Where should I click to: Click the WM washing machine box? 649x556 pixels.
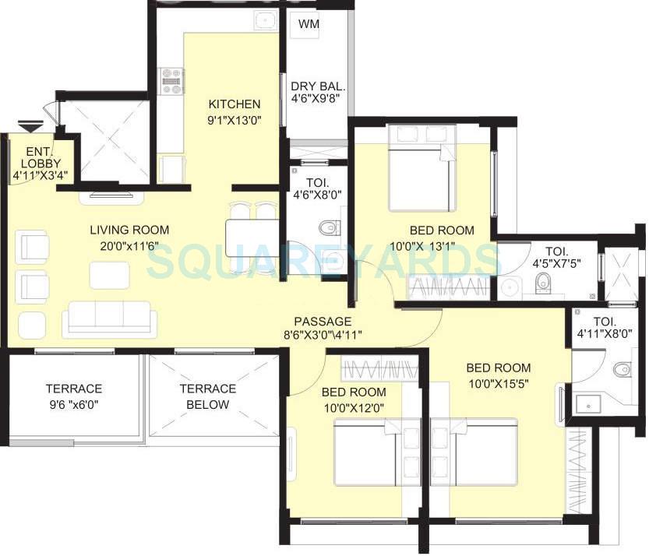(x=305, y=24)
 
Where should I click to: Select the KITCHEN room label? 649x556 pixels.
(x=234, y=104)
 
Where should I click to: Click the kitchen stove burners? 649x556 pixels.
(x=171, y=81)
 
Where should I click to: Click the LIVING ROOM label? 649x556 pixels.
(x=129, y=230)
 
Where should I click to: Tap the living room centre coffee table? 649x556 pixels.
(x=109, y=275)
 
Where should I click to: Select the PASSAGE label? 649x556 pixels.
(x=323, y=321)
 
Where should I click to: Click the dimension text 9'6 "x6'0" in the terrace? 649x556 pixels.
(x=73, y=404)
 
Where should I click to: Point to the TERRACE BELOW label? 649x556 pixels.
(x=207, y=396)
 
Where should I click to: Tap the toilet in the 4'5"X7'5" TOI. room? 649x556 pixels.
(x=543, y=286)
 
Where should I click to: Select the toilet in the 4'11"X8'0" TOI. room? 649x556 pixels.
(x=622, y=369)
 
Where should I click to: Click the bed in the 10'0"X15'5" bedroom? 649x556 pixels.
(x=486, y=454)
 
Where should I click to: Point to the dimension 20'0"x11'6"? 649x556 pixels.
(x=129, y=246)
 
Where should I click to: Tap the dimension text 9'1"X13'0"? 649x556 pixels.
(x=234, y=121)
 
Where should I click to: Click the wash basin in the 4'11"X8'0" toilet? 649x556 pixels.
(x=587, y=404)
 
